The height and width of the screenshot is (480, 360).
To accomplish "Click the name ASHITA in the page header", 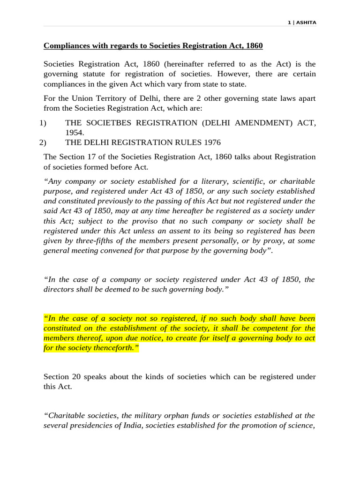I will [307, 22].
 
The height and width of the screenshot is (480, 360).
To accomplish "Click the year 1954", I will [75, 133].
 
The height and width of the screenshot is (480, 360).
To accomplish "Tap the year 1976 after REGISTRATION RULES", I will [211, 142].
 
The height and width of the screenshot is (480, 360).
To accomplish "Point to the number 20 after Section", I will [77, 377].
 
